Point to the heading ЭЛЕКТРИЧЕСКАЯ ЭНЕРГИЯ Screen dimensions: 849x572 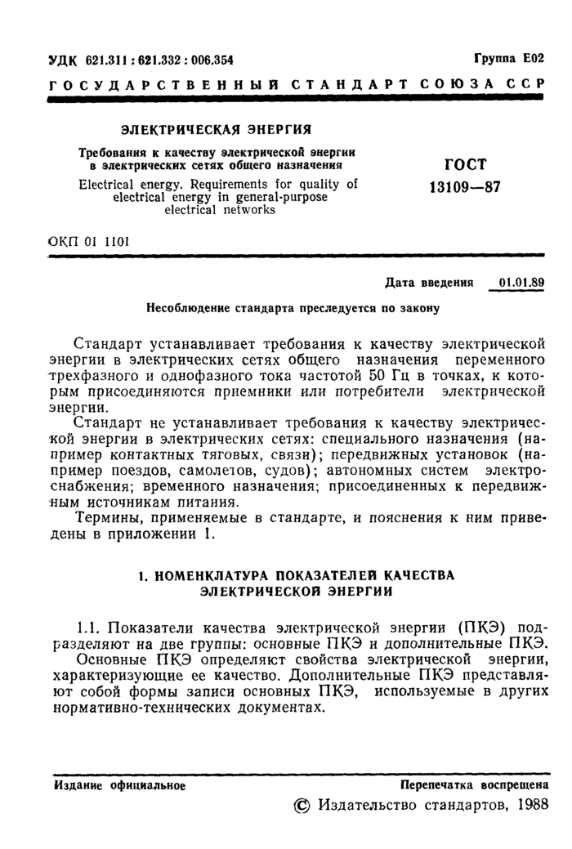pos(218,129)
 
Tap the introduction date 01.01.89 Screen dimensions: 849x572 pos(522,283)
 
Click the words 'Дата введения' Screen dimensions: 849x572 pos(429,284)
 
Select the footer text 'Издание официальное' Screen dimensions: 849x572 pos(119,785)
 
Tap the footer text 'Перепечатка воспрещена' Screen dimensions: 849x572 pos(474,785)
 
